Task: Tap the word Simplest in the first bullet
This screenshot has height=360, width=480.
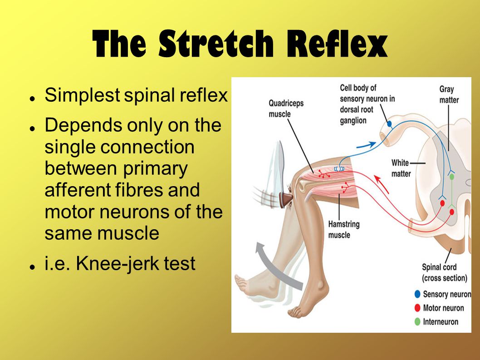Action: tap(82, 96)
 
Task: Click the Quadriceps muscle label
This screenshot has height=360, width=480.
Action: tap(286, 108)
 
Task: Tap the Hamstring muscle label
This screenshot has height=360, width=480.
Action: tap(343, 229)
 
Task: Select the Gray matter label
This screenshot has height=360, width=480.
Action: tap(449, 94)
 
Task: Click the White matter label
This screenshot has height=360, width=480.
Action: tap(401, 168)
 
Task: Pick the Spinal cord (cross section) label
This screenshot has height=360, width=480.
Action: tap(445, 272)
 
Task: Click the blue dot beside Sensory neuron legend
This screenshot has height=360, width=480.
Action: tap(417, 294)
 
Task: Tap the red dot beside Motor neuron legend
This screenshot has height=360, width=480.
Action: tap(417, 308)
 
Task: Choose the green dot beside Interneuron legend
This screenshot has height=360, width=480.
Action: tap(417, 322)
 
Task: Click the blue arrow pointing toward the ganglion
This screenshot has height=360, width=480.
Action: tap(366, 146)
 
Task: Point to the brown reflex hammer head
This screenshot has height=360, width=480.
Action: tap(286, 200)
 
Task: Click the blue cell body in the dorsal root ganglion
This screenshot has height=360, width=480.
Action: tap(389, 124)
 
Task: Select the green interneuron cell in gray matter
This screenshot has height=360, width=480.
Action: tap(451, 177)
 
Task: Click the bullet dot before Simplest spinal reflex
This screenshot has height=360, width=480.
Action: tap(31, 99)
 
